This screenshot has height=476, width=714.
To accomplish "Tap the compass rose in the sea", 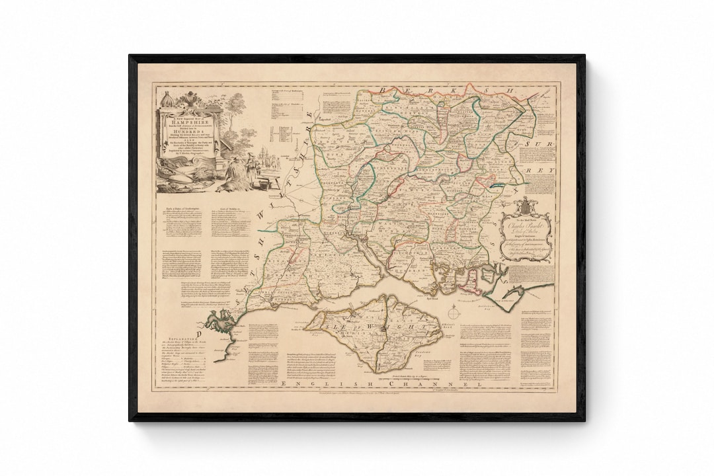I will coord(454,313).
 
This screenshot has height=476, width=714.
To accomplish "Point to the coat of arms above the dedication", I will coord(524,204).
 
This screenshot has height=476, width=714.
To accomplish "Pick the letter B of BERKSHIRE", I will coord(384,89).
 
